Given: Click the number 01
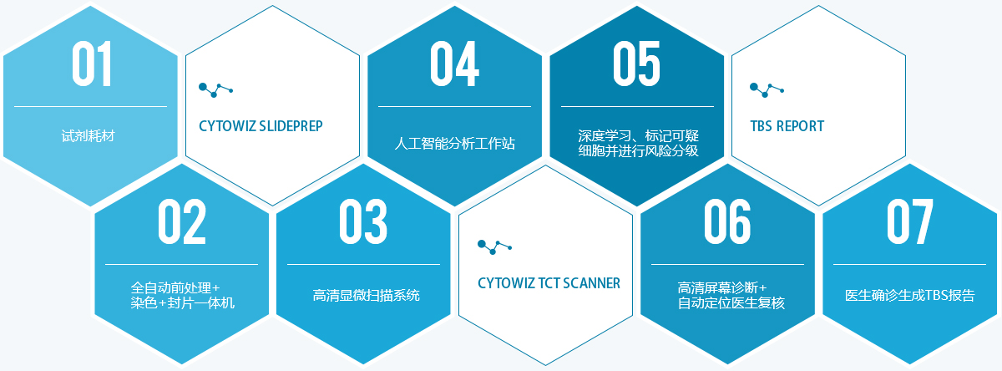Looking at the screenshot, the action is (x=92, y=64).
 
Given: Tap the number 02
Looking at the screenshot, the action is (x=182, y=221).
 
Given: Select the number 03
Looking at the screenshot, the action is (x=362, y=221).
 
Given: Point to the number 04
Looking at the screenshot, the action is (x=454, y=64).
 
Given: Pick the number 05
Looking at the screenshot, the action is (x=636, y=64).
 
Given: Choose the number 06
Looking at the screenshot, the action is (x=727, y=221).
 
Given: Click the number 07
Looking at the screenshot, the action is (x=909, y=221).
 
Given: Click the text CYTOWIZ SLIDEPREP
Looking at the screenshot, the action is (x=261, y=126).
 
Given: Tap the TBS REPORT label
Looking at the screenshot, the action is (x=787, y=126).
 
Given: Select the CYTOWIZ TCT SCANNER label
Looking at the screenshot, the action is (x=549, y=283).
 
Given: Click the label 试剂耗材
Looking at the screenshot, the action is (x=89, y=135).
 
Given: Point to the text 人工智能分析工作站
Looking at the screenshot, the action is (x=454, y=143).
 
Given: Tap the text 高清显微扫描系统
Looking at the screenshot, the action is (x=366, y=295).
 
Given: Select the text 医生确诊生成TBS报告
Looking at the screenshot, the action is (x=909, y=295).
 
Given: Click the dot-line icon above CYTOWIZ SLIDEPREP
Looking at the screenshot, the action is (x=215, y=90).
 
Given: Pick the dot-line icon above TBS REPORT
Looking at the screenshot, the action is (x=767, y=90).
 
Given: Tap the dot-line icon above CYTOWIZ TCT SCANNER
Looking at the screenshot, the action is (x=494, y=247).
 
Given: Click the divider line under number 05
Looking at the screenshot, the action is (x=637, y=106).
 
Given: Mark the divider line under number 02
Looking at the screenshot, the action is (x=182, y=265).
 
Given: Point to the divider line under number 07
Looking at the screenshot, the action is (x=909, y=265).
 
